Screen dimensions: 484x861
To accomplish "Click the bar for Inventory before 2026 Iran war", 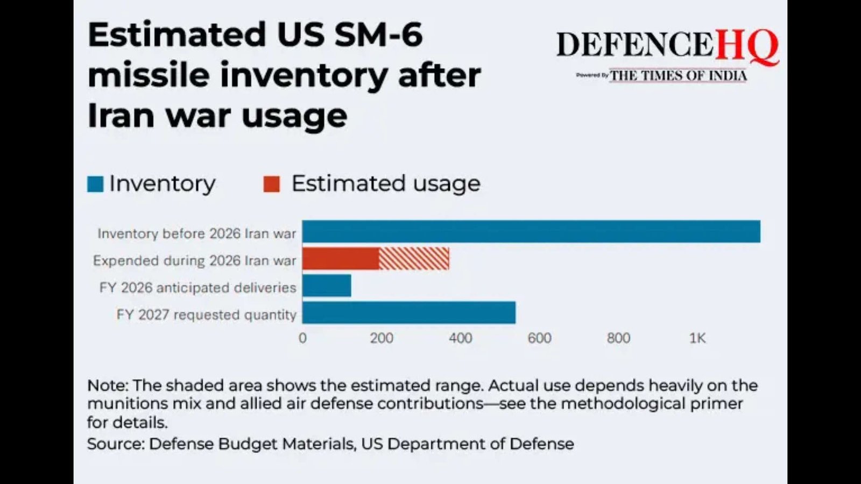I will coord(531,232).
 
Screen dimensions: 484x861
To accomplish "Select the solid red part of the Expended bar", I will coord(341,259).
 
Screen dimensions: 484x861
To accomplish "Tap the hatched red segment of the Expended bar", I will coord(414,259).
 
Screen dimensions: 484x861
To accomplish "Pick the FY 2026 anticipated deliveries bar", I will coord(327,286).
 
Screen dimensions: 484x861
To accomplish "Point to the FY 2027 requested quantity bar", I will coord(409,312).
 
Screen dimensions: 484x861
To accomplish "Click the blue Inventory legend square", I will coord(95,184).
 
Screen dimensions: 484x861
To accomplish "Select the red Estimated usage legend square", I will coord(272,184).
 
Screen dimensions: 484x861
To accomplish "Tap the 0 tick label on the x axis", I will coord(302,338).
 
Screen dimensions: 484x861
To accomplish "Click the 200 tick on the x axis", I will coord(382,338).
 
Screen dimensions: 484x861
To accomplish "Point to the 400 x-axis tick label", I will coord(461,338).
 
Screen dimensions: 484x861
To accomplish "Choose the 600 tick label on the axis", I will coord(539,338).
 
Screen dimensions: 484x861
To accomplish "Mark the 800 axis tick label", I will coord(618,338).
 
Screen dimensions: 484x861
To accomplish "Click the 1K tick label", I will coord(697,338).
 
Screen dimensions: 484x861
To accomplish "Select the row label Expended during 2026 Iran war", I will coord(194,261).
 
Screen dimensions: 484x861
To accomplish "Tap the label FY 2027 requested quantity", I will coord(207,315).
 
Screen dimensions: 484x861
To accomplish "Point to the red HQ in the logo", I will coord(747,46).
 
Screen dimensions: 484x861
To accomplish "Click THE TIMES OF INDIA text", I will coord(678,76).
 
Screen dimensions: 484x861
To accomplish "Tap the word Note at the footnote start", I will coord(107,386).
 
